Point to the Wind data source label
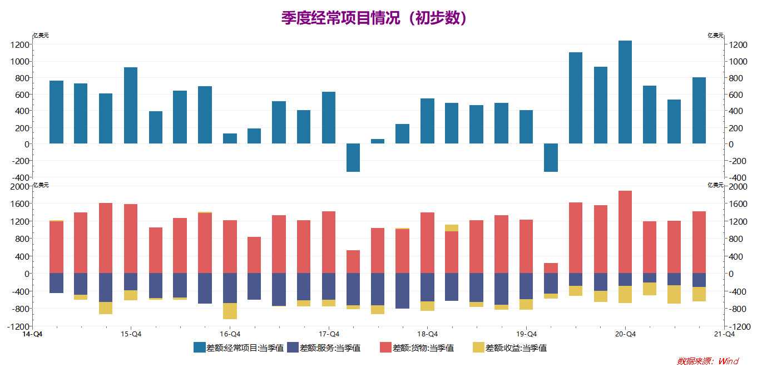pos(707,361)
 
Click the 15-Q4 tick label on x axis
pos(131,334)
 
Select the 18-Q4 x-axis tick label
pos(427,334)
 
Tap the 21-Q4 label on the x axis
pos(724,334)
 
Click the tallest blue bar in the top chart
pos(625,92)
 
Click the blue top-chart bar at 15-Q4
pos(131,106)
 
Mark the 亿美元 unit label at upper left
pos(41,36)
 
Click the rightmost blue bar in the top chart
pos(699,111)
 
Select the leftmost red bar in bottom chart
pos(56,247)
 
